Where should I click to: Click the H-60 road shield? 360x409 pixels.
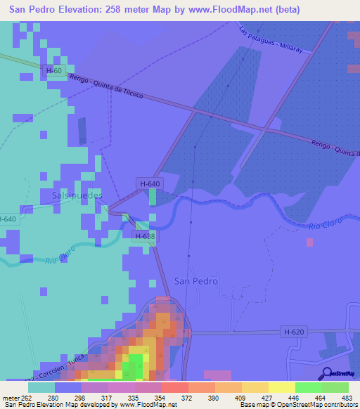(54, 71)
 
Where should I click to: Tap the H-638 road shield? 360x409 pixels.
(143, 237)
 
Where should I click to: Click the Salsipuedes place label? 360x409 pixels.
(77, 195)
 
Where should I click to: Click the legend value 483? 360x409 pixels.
(347, 398)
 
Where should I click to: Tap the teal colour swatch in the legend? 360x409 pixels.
(41, 387)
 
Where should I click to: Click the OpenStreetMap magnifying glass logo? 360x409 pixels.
(326, 373)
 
